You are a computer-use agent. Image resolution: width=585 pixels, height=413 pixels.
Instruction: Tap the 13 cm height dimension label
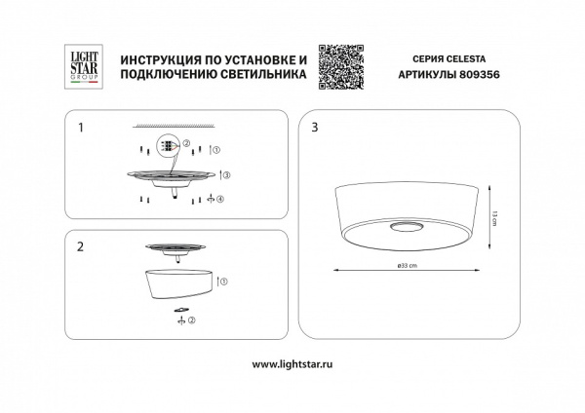point(494,220)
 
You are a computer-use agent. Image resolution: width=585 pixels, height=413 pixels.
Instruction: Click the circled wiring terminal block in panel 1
point(168,147)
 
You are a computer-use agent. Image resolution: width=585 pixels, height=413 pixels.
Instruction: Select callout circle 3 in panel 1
point(226,175)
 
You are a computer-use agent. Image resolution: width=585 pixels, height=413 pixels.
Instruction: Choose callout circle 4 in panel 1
point(221,200)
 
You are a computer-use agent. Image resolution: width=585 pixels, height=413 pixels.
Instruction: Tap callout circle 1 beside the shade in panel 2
point(225,282)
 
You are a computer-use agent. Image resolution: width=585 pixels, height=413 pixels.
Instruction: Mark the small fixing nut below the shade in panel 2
point(179,311)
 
